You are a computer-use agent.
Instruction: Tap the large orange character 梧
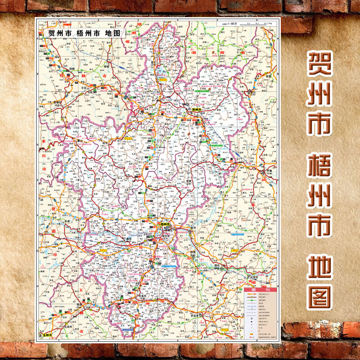coord(319,171)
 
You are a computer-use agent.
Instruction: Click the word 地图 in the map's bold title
coord(111,33)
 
